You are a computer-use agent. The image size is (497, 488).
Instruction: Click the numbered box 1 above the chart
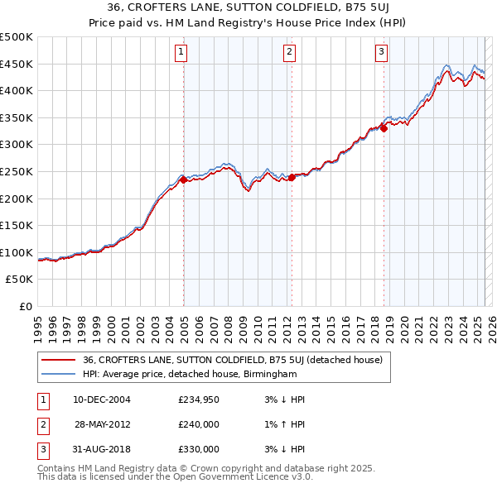click(181, 52)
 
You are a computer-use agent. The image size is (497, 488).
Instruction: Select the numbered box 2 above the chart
click(289, 52)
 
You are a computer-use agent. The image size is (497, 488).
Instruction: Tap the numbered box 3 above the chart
click(381, 52)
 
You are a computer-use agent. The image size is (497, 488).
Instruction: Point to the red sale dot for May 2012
click(292, 177)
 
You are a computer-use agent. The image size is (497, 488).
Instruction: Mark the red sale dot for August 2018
click(384, 128)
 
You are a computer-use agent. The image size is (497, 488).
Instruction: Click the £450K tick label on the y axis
click(17, 64)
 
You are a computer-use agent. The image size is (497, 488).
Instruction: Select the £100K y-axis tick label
click(17, 252)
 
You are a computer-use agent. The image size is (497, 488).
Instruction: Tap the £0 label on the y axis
click(25, 306)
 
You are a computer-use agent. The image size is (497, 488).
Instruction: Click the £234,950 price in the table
click(199, 399)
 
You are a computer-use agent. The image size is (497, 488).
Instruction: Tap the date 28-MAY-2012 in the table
click(103, 424)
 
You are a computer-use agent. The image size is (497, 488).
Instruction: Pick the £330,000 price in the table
click(199, 449)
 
